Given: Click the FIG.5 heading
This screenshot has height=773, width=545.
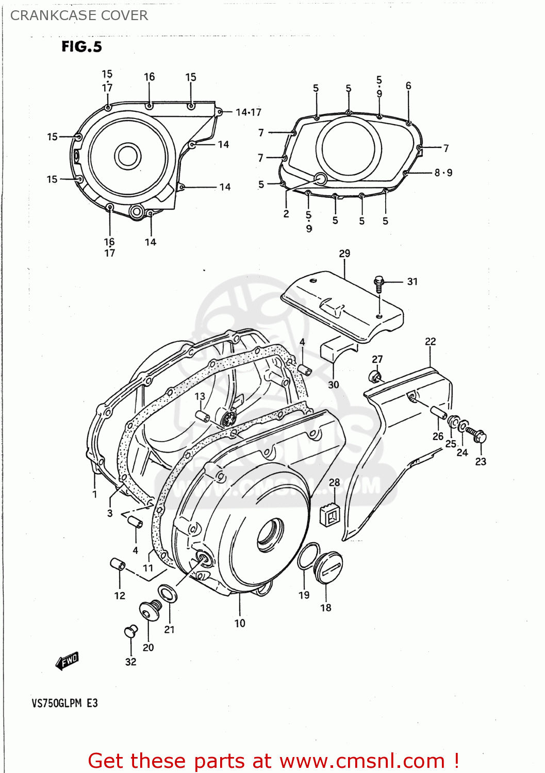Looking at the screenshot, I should (x=81, y=47).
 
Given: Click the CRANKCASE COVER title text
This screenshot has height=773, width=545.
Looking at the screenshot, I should (x=79, y=15).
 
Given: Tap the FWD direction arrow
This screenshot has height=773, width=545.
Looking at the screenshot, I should (x=67, y=661).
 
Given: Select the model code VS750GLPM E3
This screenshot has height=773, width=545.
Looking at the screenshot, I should (x=64, y=703).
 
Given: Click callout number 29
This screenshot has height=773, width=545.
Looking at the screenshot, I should (x=344, y=254).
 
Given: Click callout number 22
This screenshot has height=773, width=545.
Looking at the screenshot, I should (x=430, y=342).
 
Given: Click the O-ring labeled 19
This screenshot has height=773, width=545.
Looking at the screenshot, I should (x=308, y=557).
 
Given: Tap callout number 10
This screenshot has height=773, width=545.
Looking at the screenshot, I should (x=240, y=624).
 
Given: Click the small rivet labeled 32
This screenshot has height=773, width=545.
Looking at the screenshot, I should (x=130, y=631).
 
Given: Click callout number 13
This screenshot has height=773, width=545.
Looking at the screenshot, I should (x=200, y=396).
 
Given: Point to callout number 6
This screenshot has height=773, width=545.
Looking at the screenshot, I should (x=408, y=86).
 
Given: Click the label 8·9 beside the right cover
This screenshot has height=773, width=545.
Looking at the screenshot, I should (x=443, y=173).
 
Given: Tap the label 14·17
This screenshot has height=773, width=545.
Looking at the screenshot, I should (x=248, y=112).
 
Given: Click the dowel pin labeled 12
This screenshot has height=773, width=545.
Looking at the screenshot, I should (x=118, y=564).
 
